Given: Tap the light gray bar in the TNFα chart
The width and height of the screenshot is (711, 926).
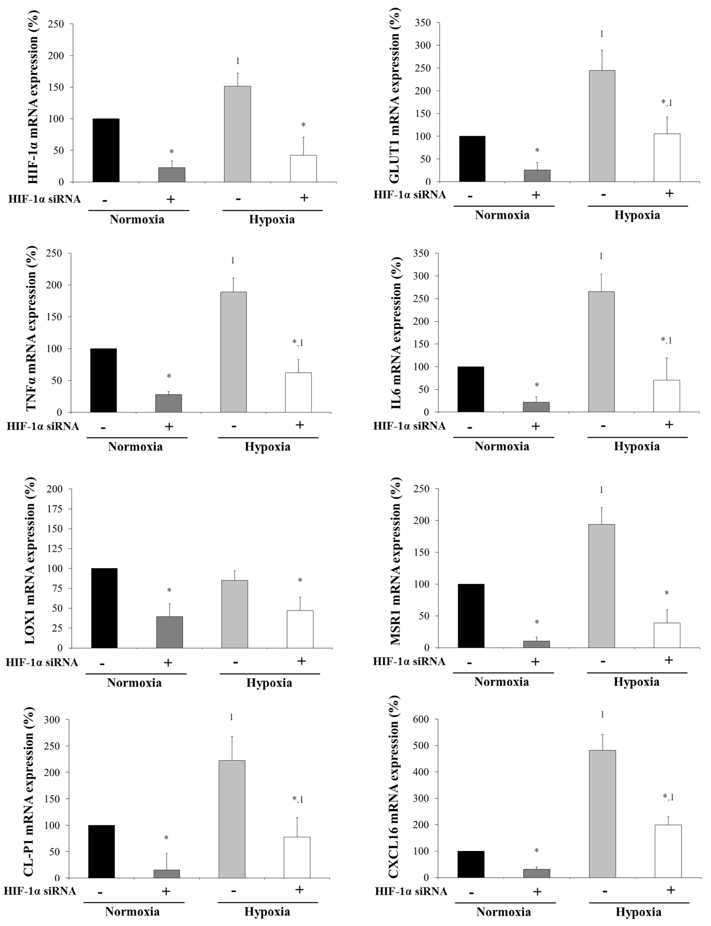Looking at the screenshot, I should coord(233,352).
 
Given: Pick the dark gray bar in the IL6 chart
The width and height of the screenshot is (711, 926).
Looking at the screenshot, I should coord(536,407).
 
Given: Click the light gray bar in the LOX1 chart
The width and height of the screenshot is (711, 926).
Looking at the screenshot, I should coord(234,614).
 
